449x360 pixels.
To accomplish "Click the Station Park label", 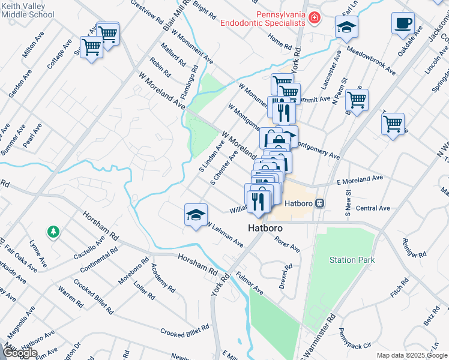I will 352,260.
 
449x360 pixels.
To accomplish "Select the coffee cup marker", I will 403,23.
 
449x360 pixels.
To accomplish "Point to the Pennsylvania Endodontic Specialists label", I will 263,18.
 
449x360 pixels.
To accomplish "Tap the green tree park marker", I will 53,231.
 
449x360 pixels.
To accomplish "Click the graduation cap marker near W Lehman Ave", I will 196,215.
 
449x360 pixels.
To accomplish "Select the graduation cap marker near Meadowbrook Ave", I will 346,27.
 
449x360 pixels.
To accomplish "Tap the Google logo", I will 20,353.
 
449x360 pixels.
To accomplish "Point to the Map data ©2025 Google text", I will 411,355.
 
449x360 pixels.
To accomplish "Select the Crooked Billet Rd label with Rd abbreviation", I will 184,331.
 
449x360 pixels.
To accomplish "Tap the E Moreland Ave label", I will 360,179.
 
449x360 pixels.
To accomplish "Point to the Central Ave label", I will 373,208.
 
